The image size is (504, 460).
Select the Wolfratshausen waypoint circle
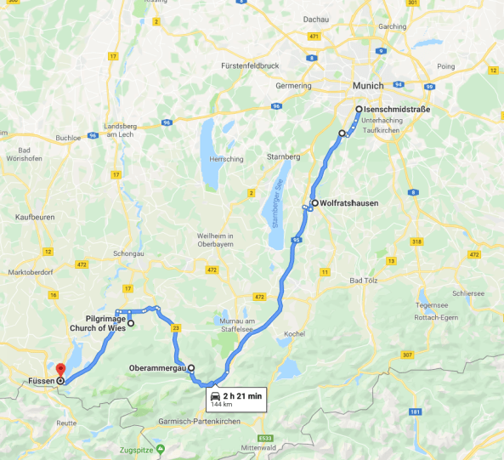point(314,203)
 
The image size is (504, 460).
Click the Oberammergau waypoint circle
point(191,368)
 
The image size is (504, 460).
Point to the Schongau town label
point(129,254)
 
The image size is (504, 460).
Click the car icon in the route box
point(216,396)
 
